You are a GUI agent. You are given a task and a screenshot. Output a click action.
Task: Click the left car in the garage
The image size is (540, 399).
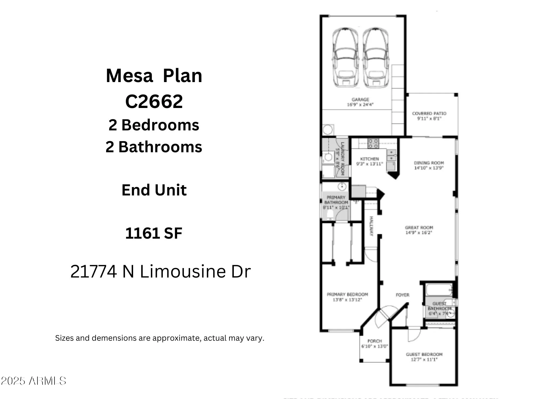pyautogui.click(x=346, y=58)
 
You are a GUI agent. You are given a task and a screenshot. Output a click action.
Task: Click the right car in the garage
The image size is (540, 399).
pyautogui.click(x=376, y=58)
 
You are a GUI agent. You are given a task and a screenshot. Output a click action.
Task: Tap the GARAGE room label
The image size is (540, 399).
pyautogui.click(x=360, y=100)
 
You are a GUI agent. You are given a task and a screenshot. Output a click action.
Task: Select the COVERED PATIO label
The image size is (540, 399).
pyautogui.click(x=429, y=113)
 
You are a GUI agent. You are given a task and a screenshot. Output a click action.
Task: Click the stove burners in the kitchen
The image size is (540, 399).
pyautogui.click(x=373, y=143)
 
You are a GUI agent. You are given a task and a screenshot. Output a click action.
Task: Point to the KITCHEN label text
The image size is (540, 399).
pyautogui.click(x=369, y=159)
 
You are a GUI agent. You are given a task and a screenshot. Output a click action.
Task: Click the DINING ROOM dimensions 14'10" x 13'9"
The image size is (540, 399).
pyautogui.click(x=429, y=168)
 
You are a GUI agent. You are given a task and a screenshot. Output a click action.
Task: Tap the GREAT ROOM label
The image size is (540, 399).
pyautogui.click(x=419, y=228)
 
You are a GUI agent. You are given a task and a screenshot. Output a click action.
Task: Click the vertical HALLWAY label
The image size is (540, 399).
pyautogui.click(x=371, y=226)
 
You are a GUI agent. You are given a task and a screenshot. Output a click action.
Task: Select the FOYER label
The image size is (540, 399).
pyautogui.click(x=402, y=295)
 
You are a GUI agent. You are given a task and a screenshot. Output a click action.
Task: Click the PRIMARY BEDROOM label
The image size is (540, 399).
pyautogui.click(x=347, y=295)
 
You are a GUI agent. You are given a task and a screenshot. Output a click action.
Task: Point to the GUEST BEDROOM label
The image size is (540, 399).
pyautogui.click(x=424, y=354)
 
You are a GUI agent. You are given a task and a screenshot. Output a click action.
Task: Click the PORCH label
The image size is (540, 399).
pyautogui.click(x=374, y=341)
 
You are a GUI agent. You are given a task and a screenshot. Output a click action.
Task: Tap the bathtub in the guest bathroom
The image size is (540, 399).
pyautogui.click(x=439, y=290)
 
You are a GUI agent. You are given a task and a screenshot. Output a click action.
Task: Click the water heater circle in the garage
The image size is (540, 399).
pyautogui.click(x=328, y=130)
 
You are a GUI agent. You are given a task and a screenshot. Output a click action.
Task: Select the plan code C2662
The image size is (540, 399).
pyautogui.click(x=154, y=102)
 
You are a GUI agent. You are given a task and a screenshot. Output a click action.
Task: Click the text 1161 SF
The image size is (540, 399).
pyautogui.click(x=154, y=233)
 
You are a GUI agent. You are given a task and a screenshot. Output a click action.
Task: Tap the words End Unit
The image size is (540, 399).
pyautogui.click(x=154, y=190)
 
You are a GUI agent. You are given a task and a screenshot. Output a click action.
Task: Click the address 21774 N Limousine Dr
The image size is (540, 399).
pyautogui.click(x=160, y=271)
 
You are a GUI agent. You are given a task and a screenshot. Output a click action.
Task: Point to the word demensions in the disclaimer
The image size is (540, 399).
pyautogui.click(x=114, y=338)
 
